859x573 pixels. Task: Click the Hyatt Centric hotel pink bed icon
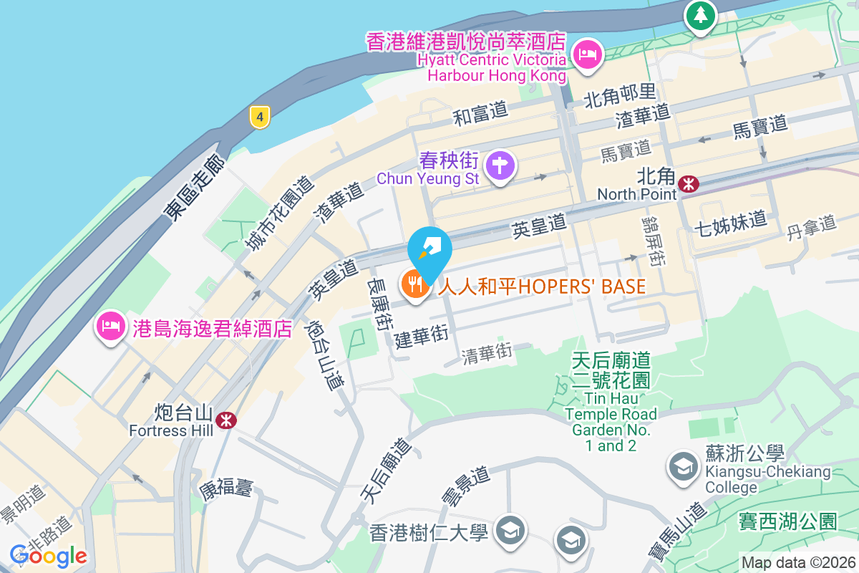tap(588, 54)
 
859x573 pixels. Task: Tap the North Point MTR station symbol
tap(689, 184)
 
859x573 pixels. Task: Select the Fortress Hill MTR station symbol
tap(225, 420)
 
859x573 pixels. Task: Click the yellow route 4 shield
tap(260, 117)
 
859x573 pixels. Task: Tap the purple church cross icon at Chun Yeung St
tap(500, 166)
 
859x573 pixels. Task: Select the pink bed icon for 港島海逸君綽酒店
tap(110, 327)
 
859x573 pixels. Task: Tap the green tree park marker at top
tap(699, 14)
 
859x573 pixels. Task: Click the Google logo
tap(49, 556)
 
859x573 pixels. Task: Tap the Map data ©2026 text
tap(798, 563)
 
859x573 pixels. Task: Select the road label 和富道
tap(480, 112)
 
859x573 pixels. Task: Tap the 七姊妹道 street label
tap(730, 221)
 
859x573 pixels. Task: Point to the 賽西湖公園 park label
tap(787, 521)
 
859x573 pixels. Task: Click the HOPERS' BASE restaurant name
tap(542, 286)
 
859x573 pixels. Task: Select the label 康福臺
tap(226, 490)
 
